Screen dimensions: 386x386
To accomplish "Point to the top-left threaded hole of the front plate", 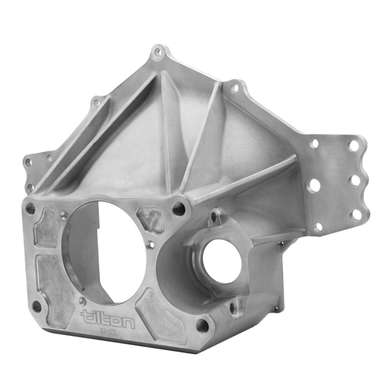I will [x=29, y=206].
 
